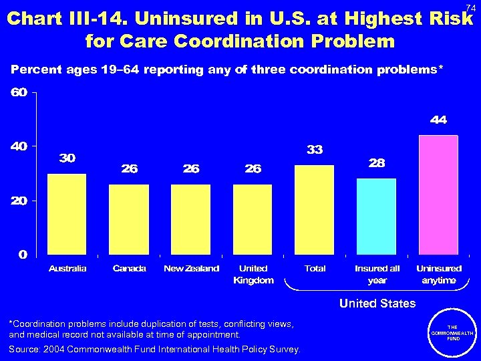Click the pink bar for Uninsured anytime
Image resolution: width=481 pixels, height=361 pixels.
(438, 195)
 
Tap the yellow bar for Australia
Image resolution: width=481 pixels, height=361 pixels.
(67, 214)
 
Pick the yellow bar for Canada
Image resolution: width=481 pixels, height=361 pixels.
(129, 219)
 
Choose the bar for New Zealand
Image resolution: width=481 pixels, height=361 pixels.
(191, 219)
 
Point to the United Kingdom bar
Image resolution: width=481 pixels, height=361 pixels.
(253, 219)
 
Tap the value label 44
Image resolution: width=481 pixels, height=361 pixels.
(438, 120)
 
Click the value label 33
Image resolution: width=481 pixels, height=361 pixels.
(315, 150)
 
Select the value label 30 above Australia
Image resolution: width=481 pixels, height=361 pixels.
(67, 158)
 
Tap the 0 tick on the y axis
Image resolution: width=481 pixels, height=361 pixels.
(23, 254)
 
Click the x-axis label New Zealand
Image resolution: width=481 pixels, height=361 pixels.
(191, 269)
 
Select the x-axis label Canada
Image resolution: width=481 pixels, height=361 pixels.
(129, 269)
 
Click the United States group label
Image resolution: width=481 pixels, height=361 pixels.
(377, 304)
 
